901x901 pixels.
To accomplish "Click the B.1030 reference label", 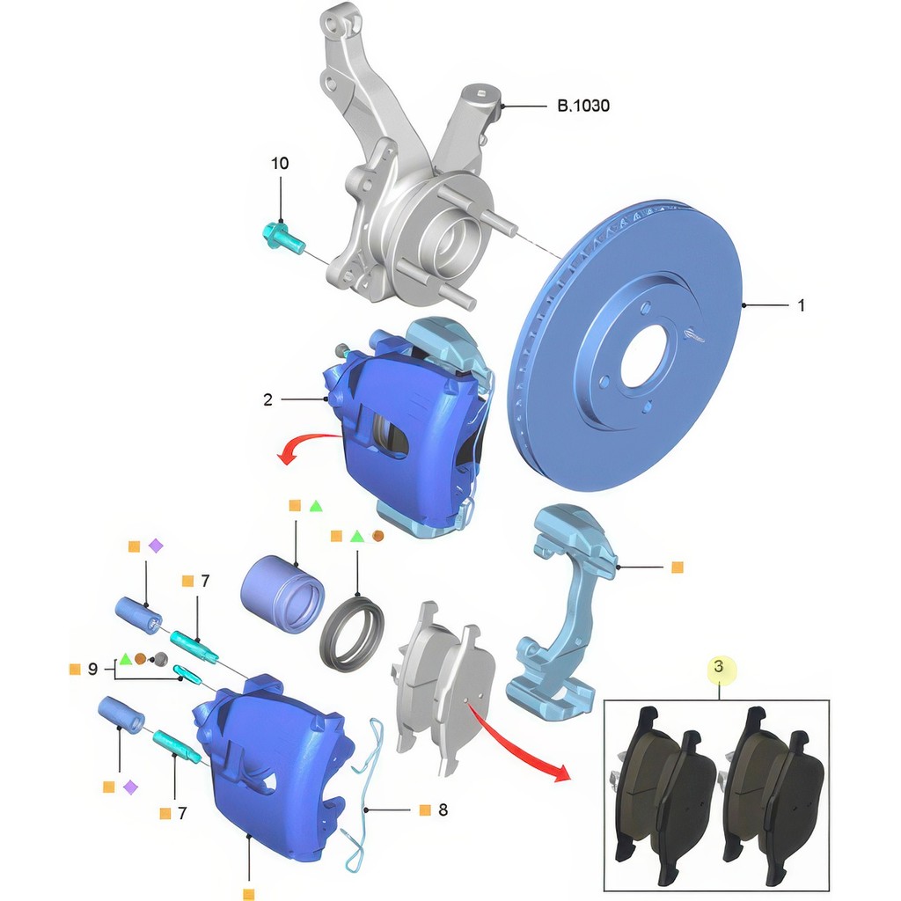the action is [x=583, y=106].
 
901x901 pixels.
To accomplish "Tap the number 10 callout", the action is [x=280, y=164].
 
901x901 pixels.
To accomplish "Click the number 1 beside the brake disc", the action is [x=802, y=305].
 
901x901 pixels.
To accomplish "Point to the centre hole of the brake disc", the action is [x=644, y=356].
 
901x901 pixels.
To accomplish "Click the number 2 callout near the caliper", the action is [x=267, y=399].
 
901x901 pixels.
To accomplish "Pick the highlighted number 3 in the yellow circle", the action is [x=718, y=667].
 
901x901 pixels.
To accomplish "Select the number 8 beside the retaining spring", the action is [x=443, y=809].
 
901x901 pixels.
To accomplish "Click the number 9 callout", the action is [x=92, y=670].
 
